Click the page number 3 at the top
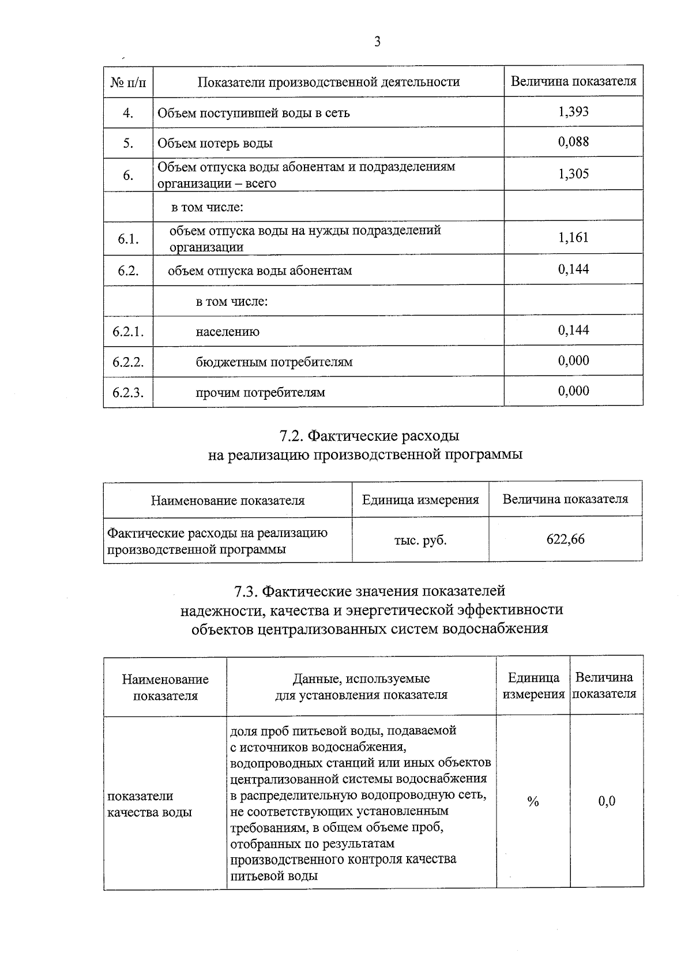coord(377,42)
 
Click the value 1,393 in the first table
coord(573,111)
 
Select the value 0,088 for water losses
coord(573,142)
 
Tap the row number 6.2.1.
coord(128,332)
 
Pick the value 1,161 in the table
coord(573,237)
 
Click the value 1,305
coord(573,174)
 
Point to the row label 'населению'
coord(227,332)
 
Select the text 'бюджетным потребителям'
coord(274,362)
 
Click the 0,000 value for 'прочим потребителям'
coord(573,391)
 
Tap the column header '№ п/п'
coord(128,82)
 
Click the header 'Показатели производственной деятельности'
coord(329,82)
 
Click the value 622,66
coord(565,539)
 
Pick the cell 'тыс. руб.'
coord(420,541)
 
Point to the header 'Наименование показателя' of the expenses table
coord(228,500)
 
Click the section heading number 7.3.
coord(246,591)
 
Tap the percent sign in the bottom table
coord(533,801)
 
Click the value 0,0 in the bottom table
coord(606,801)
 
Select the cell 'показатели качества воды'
coord(150,804)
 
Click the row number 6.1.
coord(128,238)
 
